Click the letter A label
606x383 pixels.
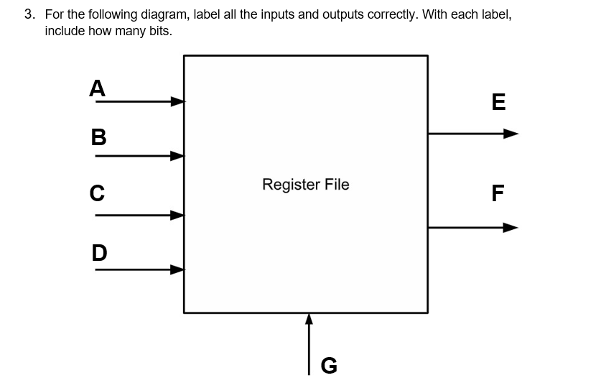click(x=97, y=88)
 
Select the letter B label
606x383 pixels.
click(x=98, y=137)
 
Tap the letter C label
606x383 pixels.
click(x=97, y=193)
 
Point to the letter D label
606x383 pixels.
click(x=99, y=252)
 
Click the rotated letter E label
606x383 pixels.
click(x=498, y=103)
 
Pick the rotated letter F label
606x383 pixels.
click(x=498, y=193)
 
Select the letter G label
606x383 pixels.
click(x=328, y=366)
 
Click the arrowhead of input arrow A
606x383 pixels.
click(x=177, y=101)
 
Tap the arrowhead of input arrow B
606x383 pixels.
click(x=177, y=155)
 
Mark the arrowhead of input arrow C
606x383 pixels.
click(x=177, y=214)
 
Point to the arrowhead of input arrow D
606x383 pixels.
click(x=177, y=270)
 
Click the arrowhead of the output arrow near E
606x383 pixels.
click(x=510, y=133)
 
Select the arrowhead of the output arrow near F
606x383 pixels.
click(x=510, y=228)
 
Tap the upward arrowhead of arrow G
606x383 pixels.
click(x=309, y=319)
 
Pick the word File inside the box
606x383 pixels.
click(x=337, y=184)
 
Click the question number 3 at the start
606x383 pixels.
click(x=29, y=14)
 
